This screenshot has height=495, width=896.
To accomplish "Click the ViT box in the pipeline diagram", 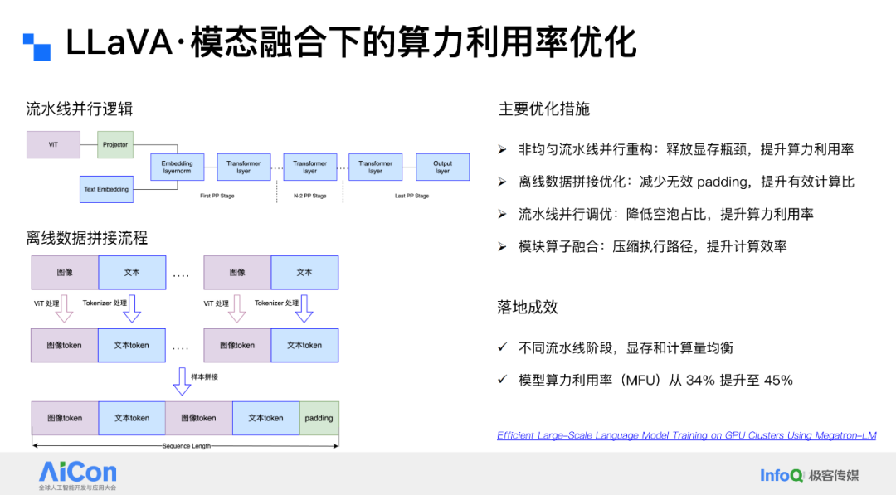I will pos(53,145).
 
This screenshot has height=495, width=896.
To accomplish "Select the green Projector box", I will pos(115,145).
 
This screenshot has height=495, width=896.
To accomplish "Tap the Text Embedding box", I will pos(106,190).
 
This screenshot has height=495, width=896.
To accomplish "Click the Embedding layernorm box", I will pos(177,167).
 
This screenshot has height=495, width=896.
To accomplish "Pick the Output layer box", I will pos(442,167).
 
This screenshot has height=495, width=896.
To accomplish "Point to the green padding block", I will pos(319,418).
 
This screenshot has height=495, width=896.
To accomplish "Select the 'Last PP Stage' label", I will pos(411,197).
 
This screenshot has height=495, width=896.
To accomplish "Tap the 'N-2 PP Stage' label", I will pos(309,197).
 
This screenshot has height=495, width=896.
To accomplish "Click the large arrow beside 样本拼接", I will pos(182,381).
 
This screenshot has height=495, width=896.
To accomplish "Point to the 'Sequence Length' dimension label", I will pos(186,446).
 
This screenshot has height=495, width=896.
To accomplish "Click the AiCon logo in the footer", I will pos(77,473).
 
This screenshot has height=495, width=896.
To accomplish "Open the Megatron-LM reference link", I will pos(686,435).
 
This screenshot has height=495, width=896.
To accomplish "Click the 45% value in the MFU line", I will pos(777,381).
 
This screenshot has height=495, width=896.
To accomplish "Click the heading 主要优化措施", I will pos(543,109).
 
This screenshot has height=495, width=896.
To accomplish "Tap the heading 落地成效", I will pos(528,308).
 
